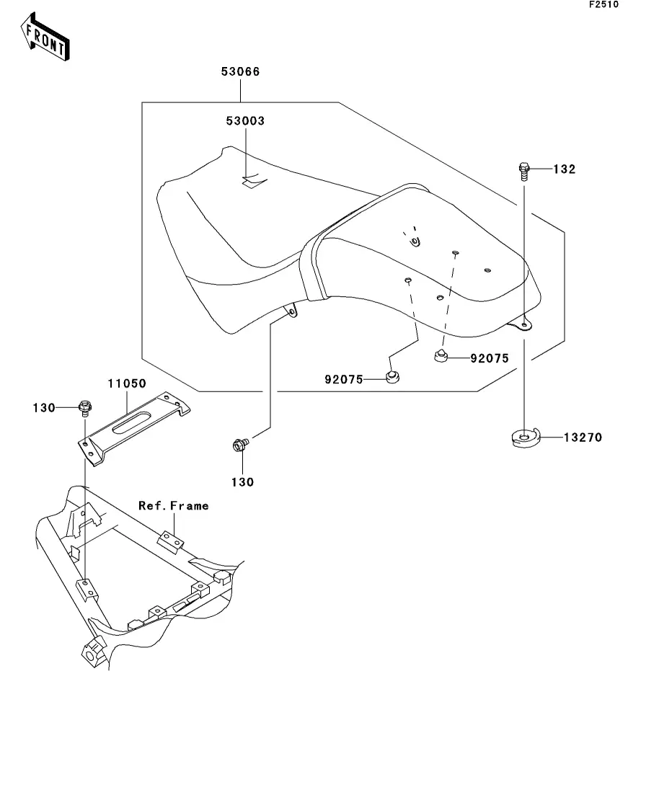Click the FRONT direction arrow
45,37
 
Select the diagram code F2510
603,4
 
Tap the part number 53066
241,71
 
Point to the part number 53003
245,120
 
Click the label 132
564,169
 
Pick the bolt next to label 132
524,172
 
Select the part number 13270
583,437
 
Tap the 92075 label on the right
490,358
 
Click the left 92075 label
344,379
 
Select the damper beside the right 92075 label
441,356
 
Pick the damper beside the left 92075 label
392,377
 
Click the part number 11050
127,383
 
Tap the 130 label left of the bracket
44,408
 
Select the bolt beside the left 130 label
85,407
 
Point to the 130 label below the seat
242,482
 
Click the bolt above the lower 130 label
240,445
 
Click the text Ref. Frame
174,505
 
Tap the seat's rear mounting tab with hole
522,323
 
